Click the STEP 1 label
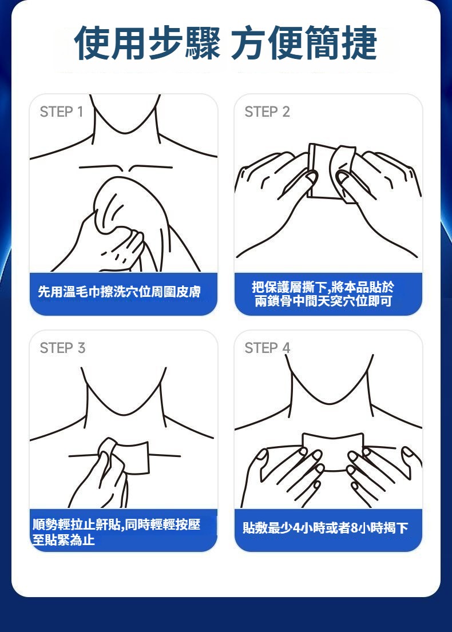[x=61, y=112]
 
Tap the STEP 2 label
[x=267, y=112]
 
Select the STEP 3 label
[x=62, y=348]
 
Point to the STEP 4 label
[x=267, y=348]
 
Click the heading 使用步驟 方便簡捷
[x=226, y=43]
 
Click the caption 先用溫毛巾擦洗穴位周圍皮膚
[x=120, y=292]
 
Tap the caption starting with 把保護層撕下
[x=323, y=294]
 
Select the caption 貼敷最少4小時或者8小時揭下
[x=326, y=527]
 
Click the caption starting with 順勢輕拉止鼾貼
[x=116, y=532]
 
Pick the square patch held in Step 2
[x=324, y=172]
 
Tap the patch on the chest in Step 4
[x=333, y=451]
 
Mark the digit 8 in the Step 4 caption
[x=354, y=528]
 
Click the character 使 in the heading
[x=92, y=43]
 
